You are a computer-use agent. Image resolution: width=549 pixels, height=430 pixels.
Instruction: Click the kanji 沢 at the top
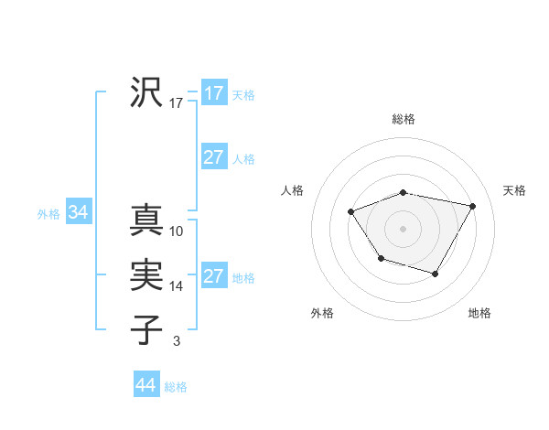pyautogui.click(x=146, y=92)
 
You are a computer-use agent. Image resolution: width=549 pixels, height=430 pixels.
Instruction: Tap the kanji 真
pyautogui.click(x=146, y=220)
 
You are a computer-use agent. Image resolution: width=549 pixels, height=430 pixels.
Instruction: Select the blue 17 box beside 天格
pyautogui.click(x=214, y=93)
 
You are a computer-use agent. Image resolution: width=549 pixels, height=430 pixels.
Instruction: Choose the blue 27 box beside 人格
pyautogui.click(x=214, y=157)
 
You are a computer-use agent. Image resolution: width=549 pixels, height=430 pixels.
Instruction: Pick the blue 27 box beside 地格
pyautogui.click(x=214, y=276)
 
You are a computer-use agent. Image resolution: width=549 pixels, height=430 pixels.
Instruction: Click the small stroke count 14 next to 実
pyautogui.click(x=177, y=286)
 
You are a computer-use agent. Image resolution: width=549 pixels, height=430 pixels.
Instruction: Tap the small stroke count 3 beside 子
pyautogui.click(x=177, y=341)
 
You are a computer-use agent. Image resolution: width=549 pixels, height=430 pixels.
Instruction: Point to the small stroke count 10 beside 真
pyautogui.click(x=177, y=231)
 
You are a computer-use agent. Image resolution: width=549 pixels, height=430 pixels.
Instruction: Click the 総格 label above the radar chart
pyautogui.click(x=404, y=119)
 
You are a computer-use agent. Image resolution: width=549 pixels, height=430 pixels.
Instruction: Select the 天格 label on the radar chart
pyautogui.click(x=514, y=190)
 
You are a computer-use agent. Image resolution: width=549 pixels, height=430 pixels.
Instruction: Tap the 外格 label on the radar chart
pyautogui.click(x=322, y=313)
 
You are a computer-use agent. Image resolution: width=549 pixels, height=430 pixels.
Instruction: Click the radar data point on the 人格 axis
pyautogui.click(x=350, y=212)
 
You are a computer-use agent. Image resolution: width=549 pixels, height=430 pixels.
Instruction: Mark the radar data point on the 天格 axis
pyautogui.click(x=472, y=206)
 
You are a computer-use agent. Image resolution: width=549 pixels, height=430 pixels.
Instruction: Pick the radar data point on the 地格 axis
pyautogui.click(x=436, y=274)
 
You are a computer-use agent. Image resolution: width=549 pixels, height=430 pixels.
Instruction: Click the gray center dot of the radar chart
pyautogui.click(x=404, y=228)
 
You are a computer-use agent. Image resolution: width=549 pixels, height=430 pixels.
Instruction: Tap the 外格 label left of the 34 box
pyautogui.click(x=48, y=214)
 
